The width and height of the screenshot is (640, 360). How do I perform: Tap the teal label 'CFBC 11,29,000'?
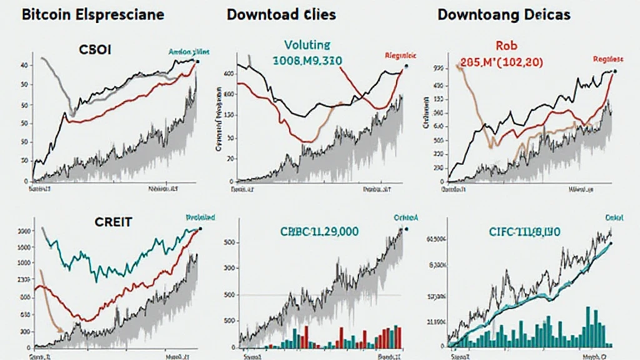(x=311, y=231)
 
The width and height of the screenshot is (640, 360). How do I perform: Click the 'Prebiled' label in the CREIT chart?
(x=200, y=217)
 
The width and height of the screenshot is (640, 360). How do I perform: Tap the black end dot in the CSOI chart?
(x=197, y=61)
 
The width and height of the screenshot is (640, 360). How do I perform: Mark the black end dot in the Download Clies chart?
(x=406, y=66)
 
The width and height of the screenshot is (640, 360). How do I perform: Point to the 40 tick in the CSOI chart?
(x=23, y=65)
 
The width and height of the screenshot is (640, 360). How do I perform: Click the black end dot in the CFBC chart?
(x=406, y=229)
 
